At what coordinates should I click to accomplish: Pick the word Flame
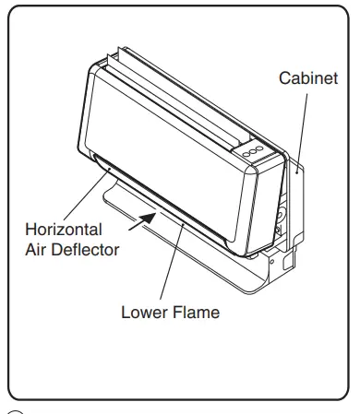click(x=198, y=312)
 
